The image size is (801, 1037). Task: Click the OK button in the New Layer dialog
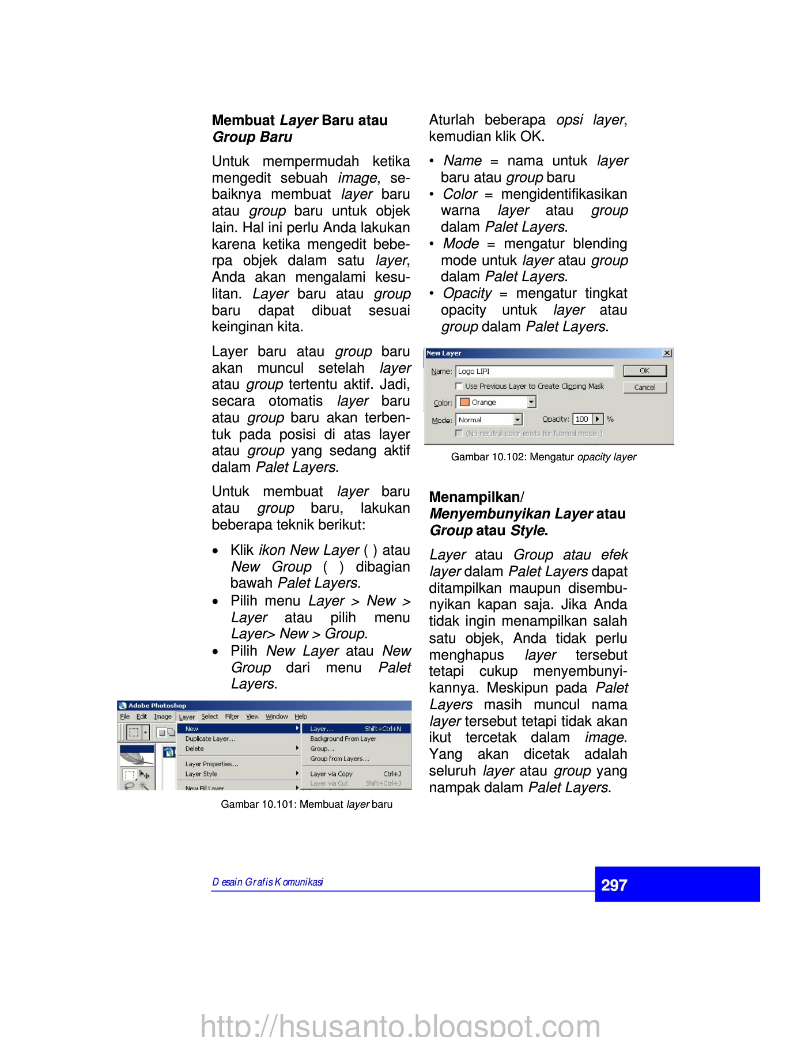[644, 371]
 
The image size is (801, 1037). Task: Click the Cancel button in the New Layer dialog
[644, 388]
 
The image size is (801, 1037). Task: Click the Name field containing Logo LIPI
[534, 372]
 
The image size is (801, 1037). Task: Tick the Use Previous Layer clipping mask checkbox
[459, 386]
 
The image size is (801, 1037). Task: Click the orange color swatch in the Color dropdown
[464, 402]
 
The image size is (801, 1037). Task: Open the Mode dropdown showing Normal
[517, 420]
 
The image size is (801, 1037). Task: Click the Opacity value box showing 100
[582, 419]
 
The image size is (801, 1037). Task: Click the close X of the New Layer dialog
[667, 353]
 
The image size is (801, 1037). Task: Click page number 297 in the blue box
[614, 885]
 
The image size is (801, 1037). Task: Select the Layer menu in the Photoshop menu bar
[187, 717]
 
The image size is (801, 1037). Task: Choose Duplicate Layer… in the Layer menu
[210, 739]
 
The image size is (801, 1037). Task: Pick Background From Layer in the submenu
[343, 739]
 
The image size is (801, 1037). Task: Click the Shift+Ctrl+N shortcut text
[383, 729]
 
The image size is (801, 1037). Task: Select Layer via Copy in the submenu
[331, 774]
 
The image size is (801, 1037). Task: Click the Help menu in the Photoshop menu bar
[301, 717]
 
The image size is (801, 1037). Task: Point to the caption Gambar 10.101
[307, 804]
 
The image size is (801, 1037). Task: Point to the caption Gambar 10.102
[543, 457]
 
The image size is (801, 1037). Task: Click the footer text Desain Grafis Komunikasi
[267, 882]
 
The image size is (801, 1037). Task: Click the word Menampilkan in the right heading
[474, 497]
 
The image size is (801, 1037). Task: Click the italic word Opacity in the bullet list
[467, 293]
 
